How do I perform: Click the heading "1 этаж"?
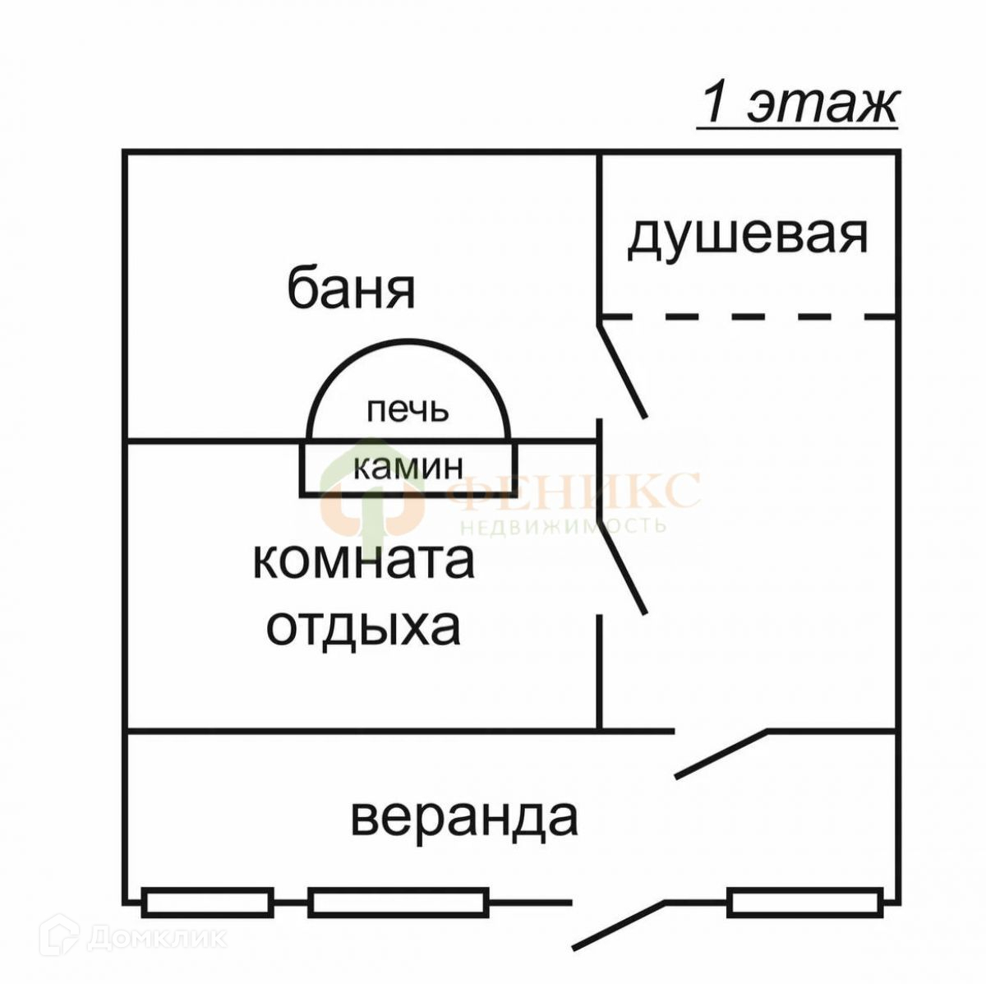point(798,105)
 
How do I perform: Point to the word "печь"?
point(408,409)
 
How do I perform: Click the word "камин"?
point(408,467)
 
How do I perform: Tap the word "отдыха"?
point(363,628)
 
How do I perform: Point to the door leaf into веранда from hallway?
point(721,752)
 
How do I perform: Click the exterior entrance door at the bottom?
point(618,926)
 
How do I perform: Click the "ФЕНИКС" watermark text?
point(575,492)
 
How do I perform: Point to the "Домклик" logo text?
point(156,937)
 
